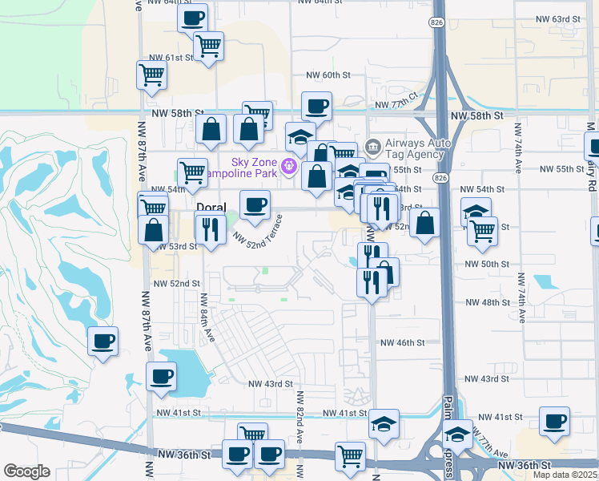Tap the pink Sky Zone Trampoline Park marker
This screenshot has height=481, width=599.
click(x=289, y=167)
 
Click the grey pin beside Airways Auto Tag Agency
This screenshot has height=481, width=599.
click(x=372, y=148)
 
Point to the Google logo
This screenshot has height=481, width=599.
click(x=26, y=471)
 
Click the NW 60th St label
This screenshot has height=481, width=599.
click(x=328, y=75)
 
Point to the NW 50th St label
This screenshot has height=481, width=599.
click(x=487, y=264)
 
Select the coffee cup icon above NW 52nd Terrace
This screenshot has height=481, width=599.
click(x=255, y=204)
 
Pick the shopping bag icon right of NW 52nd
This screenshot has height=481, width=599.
click(x=426, y=222)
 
